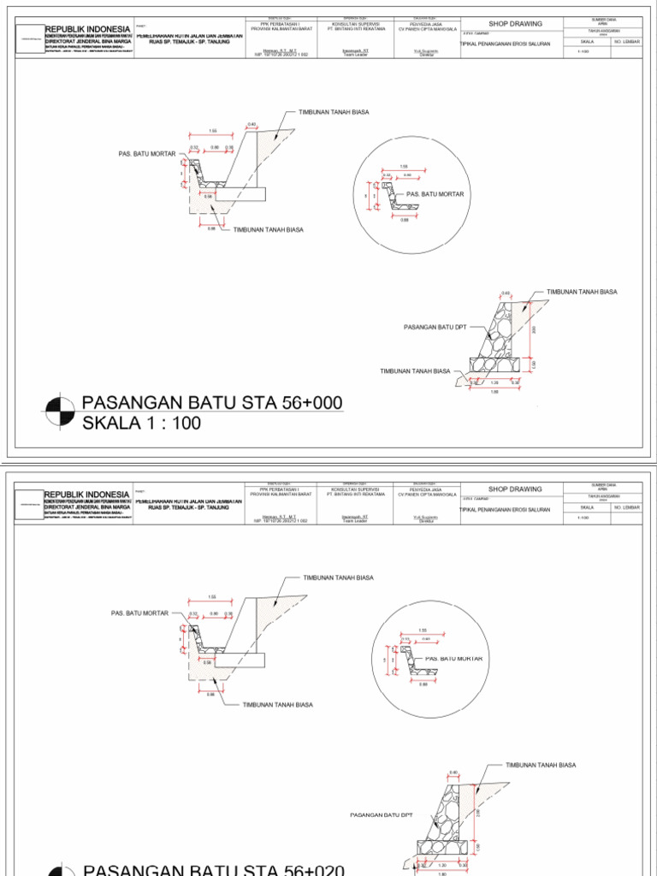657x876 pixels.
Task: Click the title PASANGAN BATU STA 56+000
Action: click(x=211, y=403)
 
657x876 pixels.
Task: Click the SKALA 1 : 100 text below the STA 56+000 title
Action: click(x=141, y=423)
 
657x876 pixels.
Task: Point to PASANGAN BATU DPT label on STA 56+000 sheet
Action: click(x=435, y=327)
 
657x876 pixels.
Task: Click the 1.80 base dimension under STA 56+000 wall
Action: click(x=494, y=392)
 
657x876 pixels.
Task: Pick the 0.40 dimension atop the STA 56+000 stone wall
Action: click(x=505, y=293)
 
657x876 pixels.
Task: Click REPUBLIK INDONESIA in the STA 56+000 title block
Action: click(x=87, y=29)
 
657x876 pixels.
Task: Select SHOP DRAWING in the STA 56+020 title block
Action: click(x=515, y=489)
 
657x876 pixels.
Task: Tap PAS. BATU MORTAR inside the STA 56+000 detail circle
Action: click(x=435, y=194)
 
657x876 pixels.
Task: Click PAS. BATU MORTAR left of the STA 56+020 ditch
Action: click(x=140, y=613)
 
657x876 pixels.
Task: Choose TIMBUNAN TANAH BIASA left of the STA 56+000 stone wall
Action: click(x=416, y=371)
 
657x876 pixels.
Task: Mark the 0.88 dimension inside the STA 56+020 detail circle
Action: click(x=423, y=695)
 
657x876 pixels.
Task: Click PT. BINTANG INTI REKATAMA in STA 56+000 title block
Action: click(x=355, y=28)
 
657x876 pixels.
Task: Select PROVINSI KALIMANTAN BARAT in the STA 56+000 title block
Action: click(x=283, y=28)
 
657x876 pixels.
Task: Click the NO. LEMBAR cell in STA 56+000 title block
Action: click(x=626, y=40)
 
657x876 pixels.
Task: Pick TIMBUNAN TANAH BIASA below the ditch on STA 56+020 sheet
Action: click(x=278, y=704)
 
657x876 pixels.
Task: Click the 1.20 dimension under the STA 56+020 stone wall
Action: click(x=441, y=864)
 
